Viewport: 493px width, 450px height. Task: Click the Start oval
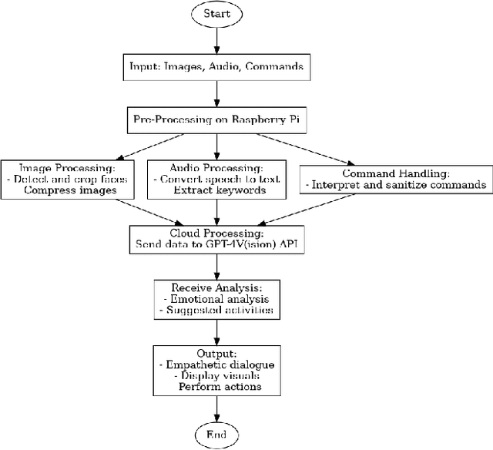click(216, 15)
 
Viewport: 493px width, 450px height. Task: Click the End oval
click(216, 435)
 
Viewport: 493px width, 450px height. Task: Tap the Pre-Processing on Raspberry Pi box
click(216, 120)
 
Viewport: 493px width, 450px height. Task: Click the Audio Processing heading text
click(216, 167)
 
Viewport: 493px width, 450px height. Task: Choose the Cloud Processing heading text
click(216, 232)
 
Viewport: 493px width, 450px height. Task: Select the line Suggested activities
click(220, 311)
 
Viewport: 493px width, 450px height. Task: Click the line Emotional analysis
click(220, 300)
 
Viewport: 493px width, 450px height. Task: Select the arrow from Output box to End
click(216, 408)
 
